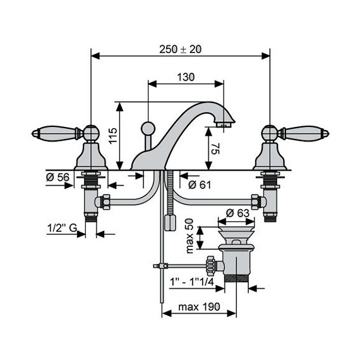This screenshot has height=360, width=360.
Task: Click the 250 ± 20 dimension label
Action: point(180,49)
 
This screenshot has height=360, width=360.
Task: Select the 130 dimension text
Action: point(186,77)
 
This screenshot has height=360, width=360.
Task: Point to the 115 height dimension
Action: point(113,136)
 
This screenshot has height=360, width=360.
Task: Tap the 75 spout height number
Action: point(215,149)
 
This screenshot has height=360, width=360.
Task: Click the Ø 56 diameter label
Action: point(57,177)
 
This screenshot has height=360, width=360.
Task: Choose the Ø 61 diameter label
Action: point(200,184)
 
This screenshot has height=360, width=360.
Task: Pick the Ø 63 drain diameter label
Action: point(237,213)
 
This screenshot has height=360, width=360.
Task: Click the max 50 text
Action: point(190,236)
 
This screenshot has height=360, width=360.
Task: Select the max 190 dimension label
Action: point(199,307)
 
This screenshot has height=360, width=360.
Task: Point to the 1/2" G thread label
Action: point(62,228)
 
